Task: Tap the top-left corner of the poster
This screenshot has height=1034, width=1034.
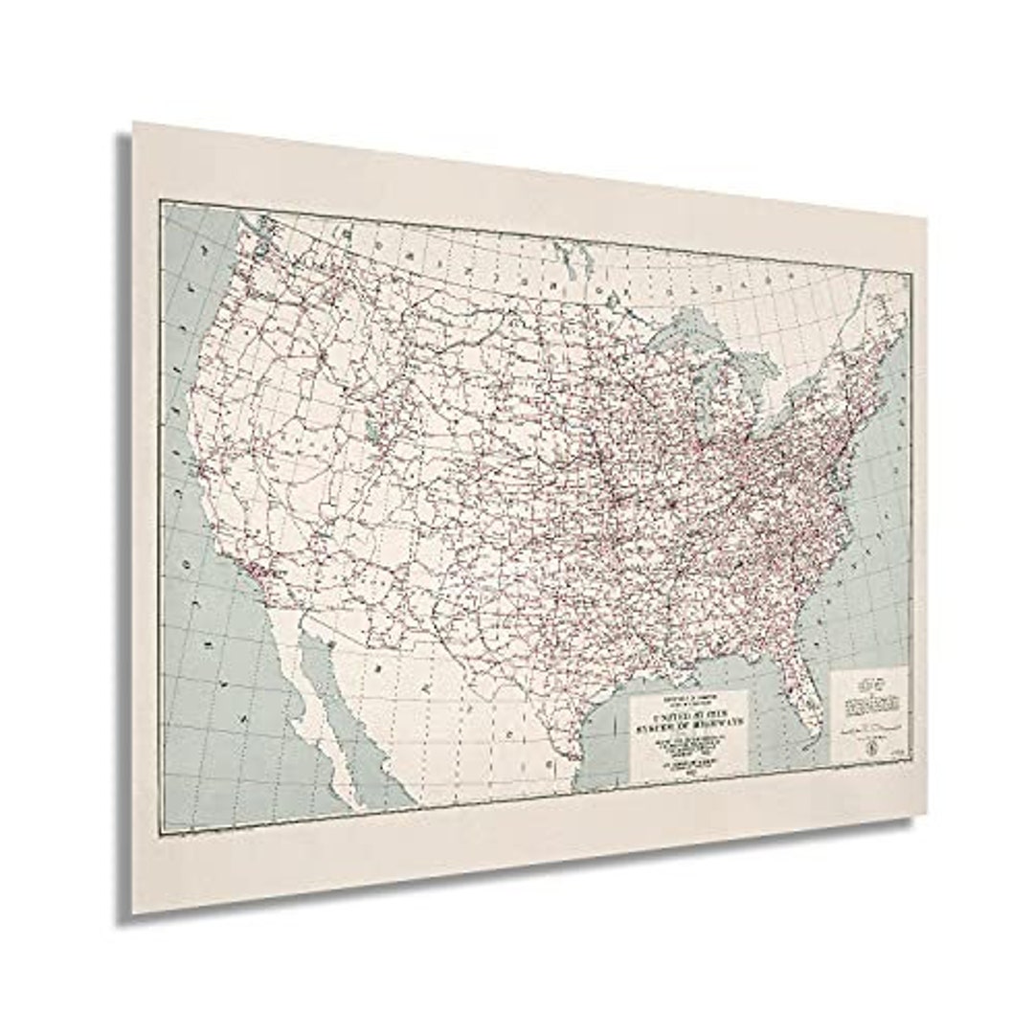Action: click(x=134, y=123)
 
